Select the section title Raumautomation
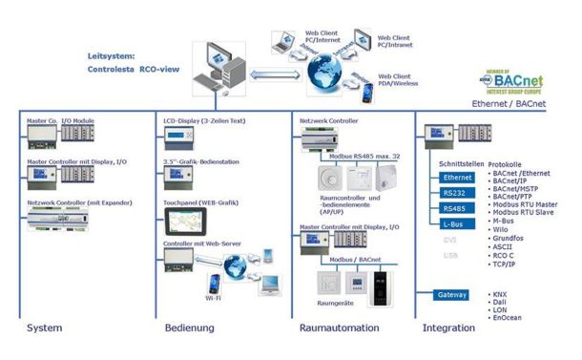pyautogui.click(x=337, y=328)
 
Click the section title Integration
pyautogui.click(x=447, y=328)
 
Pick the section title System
pyautogui.click(x=44, y=328)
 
